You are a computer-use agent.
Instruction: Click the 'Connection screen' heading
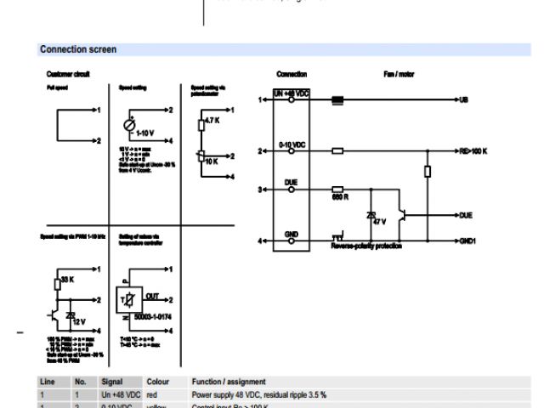pos(78,50)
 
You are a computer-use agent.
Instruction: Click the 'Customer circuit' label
pos(67,74)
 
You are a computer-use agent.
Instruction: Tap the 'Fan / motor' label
pos(399,74)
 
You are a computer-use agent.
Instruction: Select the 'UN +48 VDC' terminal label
pos(291,93)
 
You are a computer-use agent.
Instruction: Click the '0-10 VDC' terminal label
pos(291,144)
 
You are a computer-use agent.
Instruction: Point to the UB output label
pos(463,100)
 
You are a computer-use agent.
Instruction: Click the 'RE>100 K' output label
pos(473,151)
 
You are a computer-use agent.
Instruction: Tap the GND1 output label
pos(467,241)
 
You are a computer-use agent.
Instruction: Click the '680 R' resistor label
pos(340,198)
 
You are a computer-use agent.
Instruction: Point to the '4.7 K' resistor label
pos(212,121)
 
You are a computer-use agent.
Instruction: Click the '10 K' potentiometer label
pos(211,160)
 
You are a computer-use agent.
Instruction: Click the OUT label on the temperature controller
pos(153,296)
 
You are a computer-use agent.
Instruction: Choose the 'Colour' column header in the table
pos(159,382)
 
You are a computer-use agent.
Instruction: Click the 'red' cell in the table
pos(152,394)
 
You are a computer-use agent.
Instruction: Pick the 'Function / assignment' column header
pos(229,382)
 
